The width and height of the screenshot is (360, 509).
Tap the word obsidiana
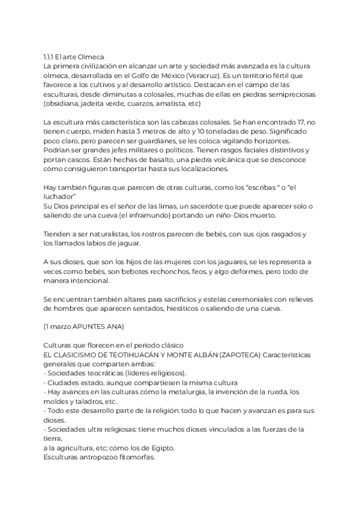[63, 103]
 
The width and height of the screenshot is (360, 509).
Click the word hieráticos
[193, 310]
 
